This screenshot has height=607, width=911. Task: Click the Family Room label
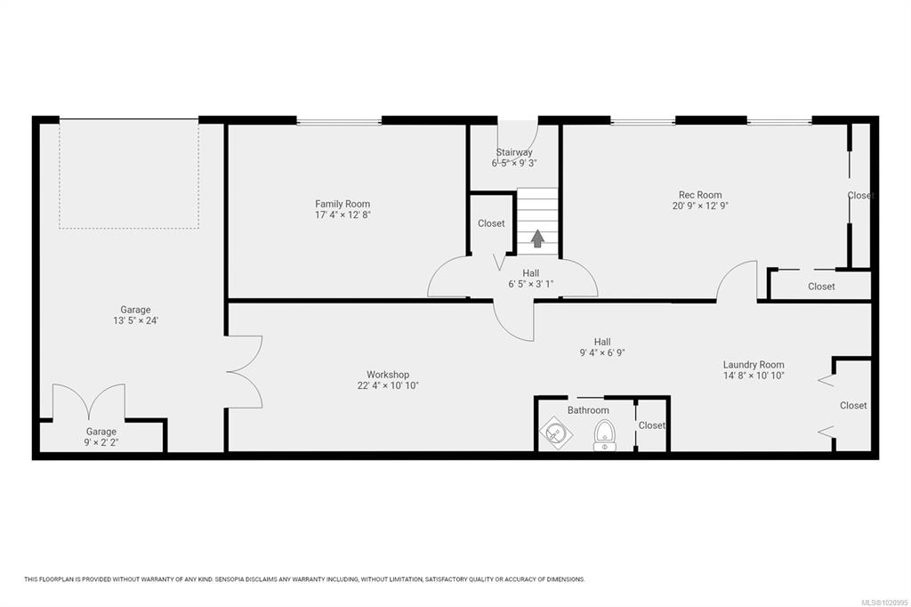pos(343,204)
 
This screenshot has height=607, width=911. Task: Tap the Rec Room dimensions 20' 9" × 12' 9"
pos(700,206)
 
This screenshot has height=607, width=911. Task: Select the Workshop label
pos(388,375)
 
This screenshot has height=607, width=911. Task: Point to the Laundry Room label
pos(754,365)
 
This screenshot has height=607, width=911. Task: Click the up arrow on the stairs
pos(537,238)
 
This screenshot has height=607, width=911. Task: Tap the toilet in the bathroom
pos(605,435)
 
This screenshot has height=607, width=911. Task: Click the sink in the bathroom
pos(556,433)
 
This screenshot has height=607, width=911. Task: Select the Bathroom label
pos(588,410)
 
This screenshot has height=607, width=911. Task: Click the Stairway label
pos(514,152)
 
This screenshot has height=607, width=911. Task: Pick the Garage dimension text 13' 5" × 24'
pos(136,320)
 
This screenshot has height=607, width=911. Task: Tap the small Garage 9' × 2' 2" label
pos(101,437)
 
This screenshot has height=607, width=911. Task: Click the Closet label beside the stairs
pos(491,223)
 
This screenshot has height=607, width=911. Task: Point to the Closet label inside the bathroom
pos(651,425)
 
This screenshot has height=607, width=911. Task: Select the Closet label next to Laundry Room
pos(853,405)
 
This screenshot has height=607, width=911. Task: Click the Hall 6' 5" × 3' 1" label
pos(530,279)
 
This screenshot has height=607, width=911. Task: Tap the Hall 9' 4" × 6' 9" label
pos(602,347)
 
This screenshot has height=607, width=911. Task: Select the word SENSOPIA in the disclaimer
pos(230,579)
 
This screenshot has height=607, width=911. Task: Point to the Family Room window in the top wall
pos(339,121)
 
